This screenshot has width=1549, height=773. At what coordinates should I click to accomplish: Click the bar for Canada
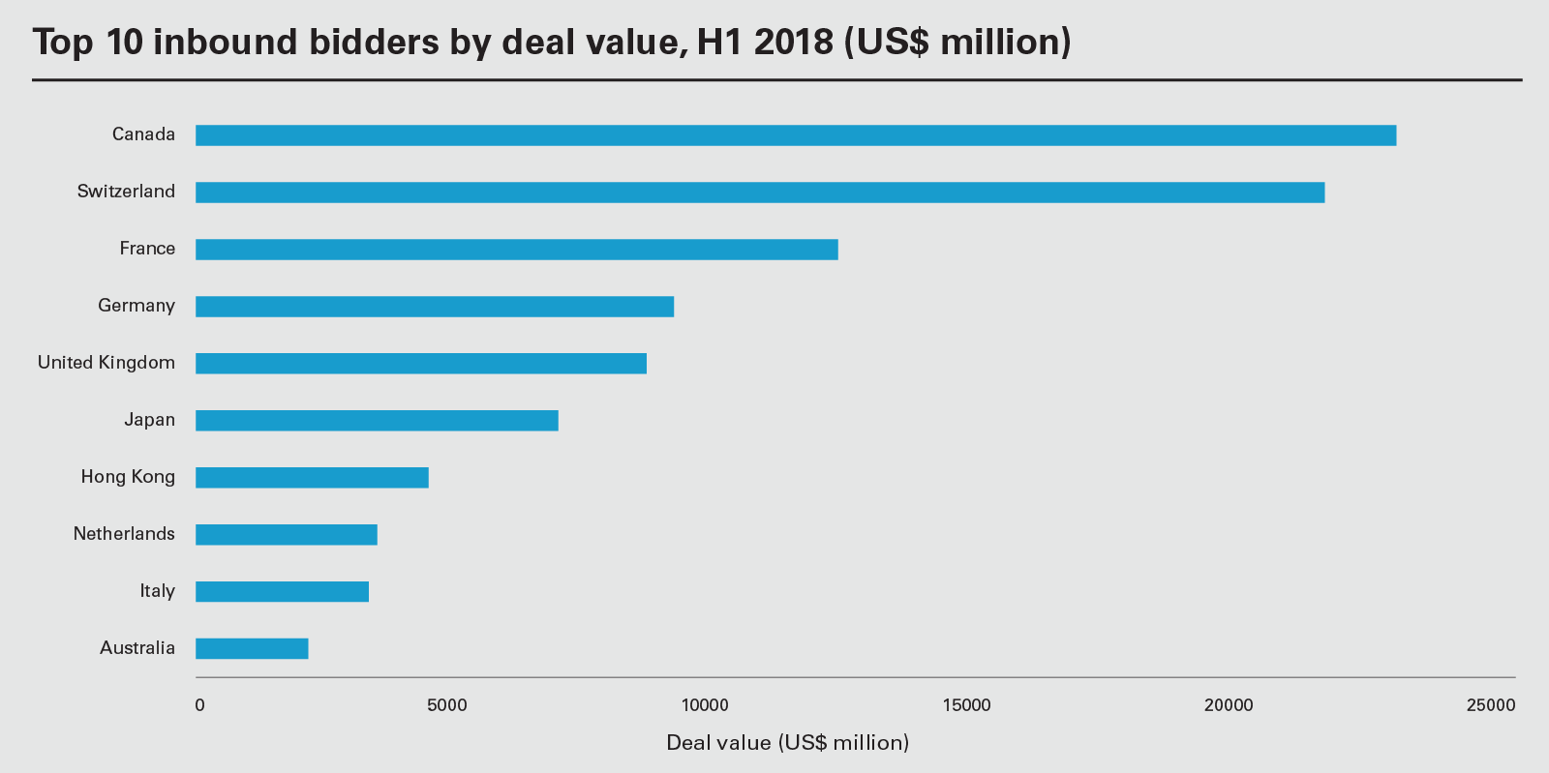(x=795, y=135)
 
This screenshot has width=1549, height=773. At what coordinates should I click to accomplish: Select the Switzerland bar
(x=760, y=193)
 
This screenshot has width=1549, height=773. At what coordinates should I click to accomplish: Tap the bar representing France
(x=516, y=250)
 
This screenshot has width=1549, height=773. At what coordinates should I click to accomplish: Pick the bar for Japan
(x=377, y=421)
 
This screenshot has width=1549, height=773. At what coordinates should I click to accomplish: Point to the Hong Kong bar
(x=312, y=478)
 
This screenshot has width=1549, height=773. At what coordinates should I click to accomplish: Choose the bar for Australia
(x=252, y=649)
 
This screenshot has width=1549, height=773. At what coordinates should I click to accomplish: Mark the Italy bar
(x=282, y=592)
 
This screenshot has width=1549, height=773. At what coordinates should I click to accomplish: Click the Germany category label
(x=137, y=306)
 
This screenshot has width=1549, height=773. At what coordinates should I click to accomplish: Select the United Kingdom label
(x=106, y=363)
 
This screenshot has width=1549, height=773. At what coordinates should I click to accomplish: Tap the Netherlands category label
(x=124, y=534)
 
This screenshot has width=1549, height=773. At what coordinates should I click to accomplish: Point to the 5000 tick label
(x=447, y=705)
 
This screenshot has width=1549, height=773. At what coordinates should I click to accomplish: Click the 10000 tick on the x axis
(x=705, y=705)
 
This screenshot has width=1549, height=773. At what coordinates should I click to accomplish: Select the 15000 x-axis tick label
(x=966, y=705)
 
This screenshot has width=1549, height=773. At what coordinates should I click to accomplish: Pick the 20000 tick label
(x=1228, y=705)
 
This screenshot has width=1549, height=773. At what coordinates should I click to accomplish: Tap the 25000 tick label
(x=1490, y=705)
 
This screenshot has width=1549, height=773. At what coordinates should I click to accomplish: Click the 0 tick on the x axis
(x=199, y=705)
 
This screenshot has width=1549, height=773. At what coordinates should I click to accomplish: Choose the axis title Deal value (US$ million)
(x=787, y=743)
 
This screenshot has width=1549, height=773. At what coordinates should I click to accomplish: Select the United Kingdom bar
(x=420, y=364)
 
